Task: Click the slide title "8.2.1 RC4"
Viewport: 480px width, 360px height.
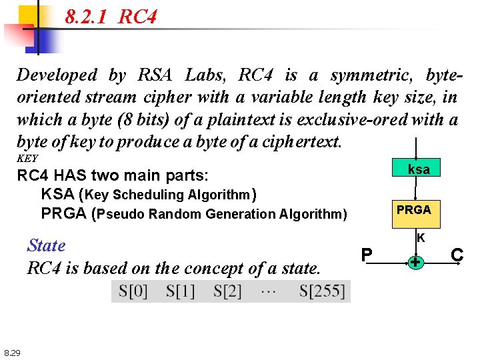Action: (x=111, y=16)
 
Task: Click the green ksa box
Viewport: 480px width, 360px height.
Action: (x=419, y=169)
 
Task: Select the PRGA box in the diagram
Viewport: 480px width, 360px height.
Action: (x=414, y=209)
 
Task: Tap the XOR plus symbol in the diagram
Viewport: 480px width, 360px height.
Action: (x=415, y=263)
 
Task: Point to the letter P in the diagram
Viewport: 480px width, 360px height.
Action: (x=367, y=255)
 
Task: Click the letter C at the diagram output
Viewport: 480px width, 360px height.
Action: (x=457, y=255)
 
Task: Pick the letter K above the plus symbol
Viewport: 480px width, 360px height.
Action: (x=421, y=237)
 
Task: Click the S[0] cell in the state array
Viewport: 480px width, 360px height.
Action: (x=133, y=291)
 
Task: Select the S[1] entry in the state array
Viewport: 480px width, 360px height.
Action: (x=181, y=291)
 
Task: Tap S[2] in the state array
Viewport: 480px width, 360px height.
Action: (x=227, y=291)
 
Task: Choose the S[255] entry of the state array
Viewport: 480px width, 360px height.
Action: (x=322, y=291)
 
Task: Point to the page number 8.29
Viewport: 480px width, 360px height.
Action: (x=12, y=352)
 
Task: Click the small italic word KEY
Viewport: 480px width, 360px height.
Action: (x=27, y=159)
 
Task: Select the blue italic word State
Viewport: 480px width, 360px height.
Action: (x=46, y=245)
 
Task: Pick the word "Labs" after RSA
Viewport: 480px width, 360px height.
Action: (x=206, y=75)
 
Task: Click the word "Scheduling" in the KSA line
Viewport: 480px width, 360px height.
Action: (x=151, y=195)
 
